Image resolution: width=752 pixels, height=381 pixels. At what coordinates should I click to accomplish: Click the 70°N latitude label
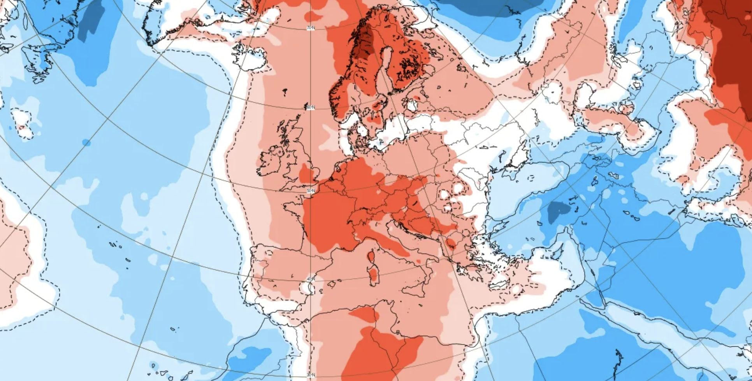(x=311, y=28)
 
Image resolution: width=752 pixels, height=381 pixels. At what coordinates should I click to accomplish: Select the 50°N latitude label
(x=311, y=190)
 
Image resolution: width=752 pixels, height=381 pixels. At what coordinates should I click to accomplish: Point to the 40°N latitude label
(x=311, y=279)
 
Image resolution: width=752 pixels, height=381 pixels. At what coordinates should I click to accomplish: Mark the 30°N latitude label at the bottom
(x=310, y=375)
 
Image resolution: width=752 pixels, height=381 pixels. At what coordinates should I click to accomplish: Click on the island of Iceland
(x=251, y=58)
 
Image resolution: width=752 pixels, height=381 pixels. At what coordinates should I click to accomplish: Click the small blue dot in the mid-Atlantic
(x=86, y=143)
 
